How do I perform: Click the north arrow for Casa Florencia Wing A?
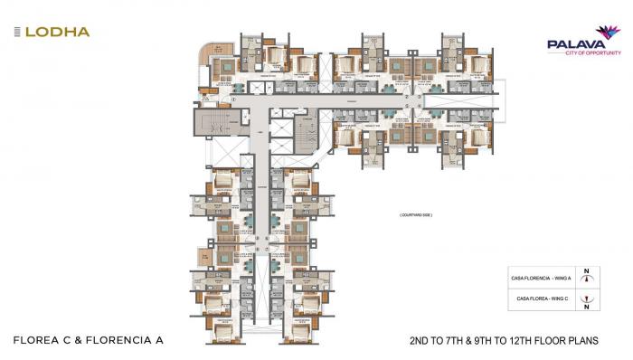pyautogui.click(x=588, y=279)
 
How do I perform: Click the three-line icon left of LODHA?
pyautogui.click(x=17, y=32)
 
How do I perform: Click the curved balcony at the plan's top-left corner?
pyautogui.click(x=208, y=53)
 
